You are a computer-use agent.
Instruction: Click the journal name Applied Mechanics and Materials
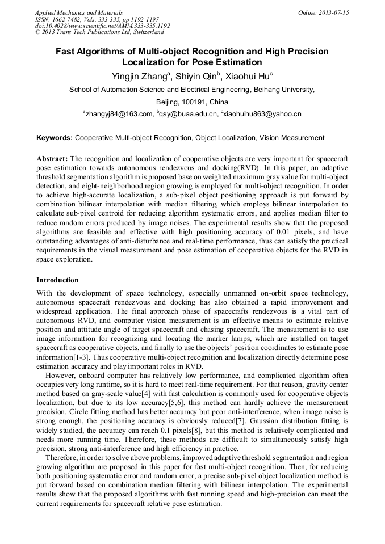79,12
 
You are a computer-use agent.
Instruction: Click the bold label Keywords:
55,138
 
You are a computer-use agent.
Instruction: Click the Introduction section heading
57,280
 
